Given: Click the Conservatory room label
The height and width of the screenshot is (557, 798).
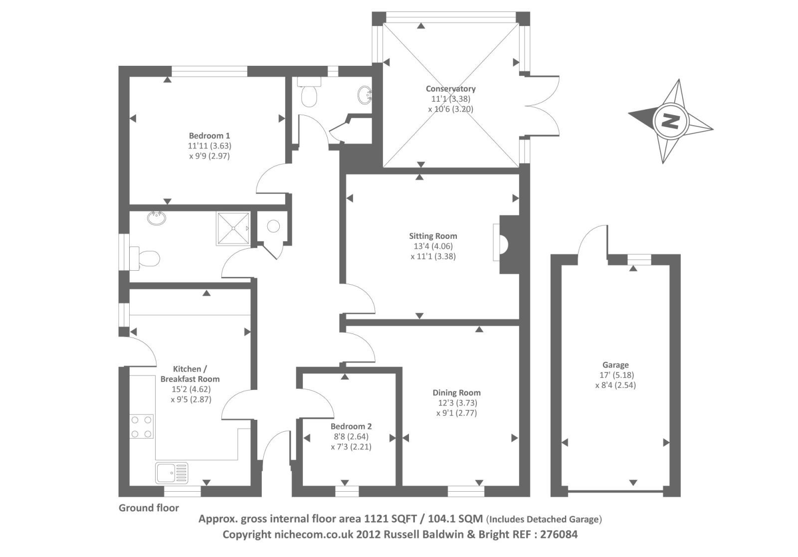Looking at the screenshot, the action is (450, 89).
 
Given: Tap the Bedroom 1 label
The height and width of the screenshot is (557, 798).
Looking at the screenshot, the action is (209, 136).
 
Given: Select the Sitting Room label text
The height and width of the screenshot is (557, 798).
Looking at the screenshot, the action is (433, 236).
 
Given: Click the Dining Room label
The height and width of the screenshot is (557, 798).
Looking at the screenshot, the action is (456, 392).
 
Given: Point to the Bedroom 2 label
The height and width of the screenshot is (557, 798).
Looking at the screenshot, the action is (351, 426).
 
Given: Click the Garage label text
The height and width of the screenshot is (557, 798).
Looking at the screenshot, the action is (615, 365).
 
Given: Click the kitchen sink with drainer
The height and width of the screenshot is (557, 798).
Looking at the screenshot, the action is (172, 473).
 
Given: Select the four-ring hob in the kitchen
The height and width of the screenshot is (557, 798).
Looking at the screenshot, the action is (142, 427).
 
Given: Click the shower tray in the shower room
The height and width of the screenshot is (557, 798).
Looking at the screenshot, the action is (232, 228).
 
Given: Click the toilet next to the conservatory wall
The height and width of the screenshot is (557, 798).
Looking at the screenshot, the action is (310, 95).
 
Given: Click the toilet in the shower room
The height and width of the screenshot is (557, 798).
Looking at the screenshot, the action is (146, 258).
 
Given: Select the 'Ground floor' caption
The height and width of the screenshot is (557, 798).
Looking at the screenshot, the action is (149, 508).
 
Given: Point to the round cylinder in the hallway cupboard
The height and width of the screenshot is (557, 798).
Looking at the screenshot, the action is (273, 226).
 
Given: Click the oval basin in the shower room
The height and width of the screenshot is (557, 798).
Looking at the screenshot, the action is (157, 218).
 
